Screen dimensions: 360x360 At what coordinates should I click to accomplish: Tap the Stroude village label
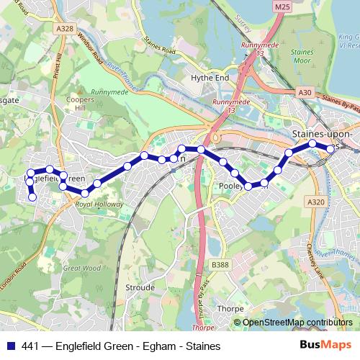[x=140, y=287]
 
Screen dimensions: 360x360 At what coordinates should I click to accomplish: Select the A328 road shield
[x=66, y=28]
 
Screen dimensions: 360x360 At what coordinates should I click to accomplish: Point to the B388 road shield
[x=220, y=265]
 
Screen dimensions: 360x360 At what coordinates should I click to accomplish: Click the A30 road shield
[x=304, y=93]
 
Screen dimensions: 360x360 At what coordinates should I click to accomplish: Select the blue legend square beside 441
[x=8, y=345]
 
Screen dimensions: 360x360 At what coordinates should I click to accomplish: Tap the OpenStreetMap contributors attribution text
[x=298, y=322]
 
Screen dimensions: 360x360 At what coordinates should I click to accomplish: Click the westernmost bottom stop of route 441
[x=32, y=197]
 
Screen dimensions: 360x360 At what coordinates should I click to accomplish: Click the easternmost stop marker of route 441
[x=330, y=148]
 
